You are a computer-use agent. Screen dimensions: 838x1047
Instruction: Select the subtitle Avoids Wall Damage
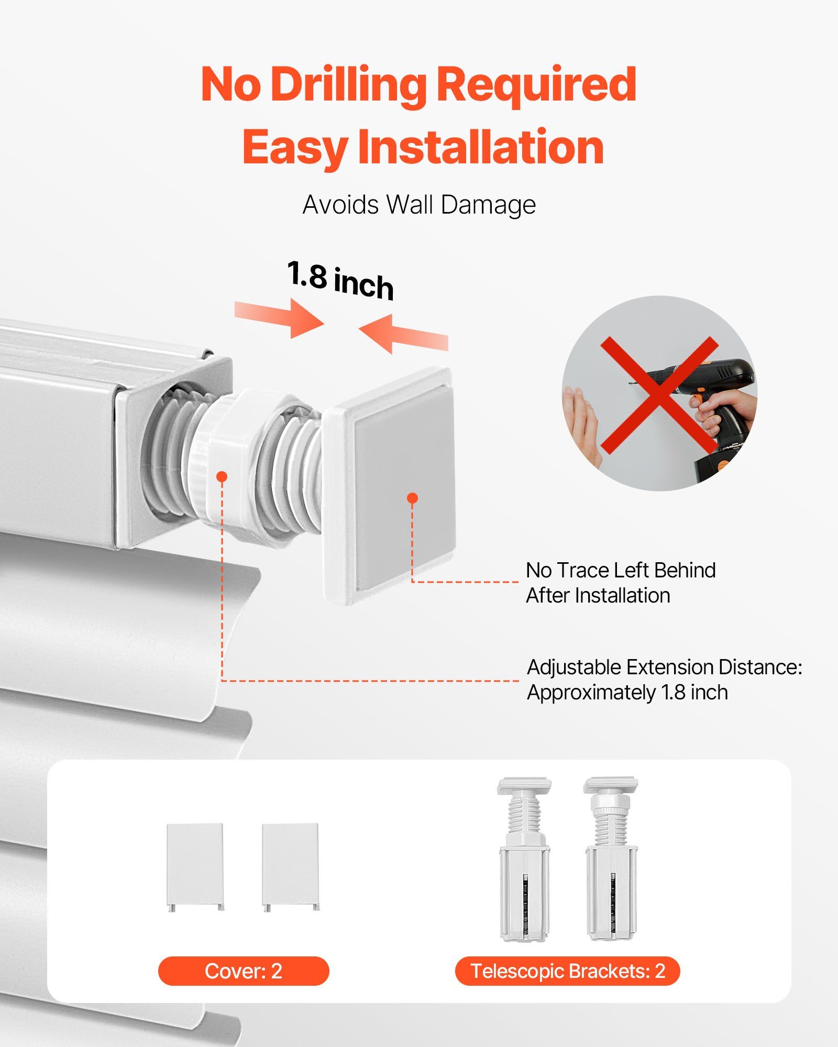[419, 205]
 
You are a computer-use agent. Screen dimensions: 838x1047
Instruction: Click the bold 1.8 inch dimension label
[340, 281]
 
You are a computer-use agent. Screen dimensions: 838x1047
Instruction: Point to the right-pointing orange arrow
[279, 316]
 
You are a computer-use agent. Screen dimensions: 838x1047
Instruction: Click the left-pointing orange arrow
[403, 333]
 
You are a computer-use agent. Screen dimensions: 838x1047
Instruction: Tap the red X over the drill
[659, 395]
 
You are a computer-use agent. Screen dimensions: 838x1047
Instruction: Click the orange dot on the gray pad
[413, 498]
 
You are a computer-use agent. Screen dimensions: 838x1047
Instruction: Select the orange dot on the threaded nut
[222, 476]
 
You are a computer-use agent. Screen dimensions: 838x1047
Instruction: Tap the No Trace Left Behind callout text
[621, 583]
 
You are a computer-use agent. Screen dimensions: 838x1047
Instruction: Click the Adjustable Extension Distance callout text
[664, 680]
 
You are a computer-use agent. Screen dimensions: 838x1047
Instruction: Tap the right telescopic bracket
[611, 859]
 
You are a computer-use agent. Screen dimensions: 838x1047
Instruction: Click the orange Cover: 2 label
[244, 971]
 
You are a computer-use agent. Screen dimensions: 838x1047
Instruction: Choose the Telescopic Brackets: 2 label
[568, 971]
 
